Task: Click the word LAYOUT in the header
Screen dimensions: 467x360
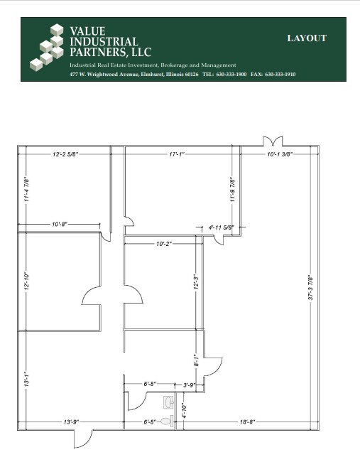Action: [307, 38]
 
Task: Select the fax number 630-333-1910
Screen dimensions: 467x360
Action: [280, 74]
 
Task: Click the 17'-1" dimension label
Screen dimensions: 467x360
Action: [182, 154]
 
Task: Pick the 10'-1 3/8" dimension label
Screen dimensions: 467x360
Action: [279, 154]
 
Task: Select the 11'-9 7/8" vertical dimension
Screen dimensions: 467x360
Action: [232, 189]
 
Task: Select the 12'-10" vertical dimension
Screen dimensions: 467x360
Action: [26, 281]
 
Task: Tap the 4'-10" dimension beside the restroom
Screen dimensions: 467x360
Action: [182, 410]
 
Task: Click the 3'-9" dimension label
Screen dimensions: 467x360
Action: [189, 385]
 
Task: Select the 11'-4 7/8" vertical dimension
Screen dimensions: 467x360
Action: [26, 189]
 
